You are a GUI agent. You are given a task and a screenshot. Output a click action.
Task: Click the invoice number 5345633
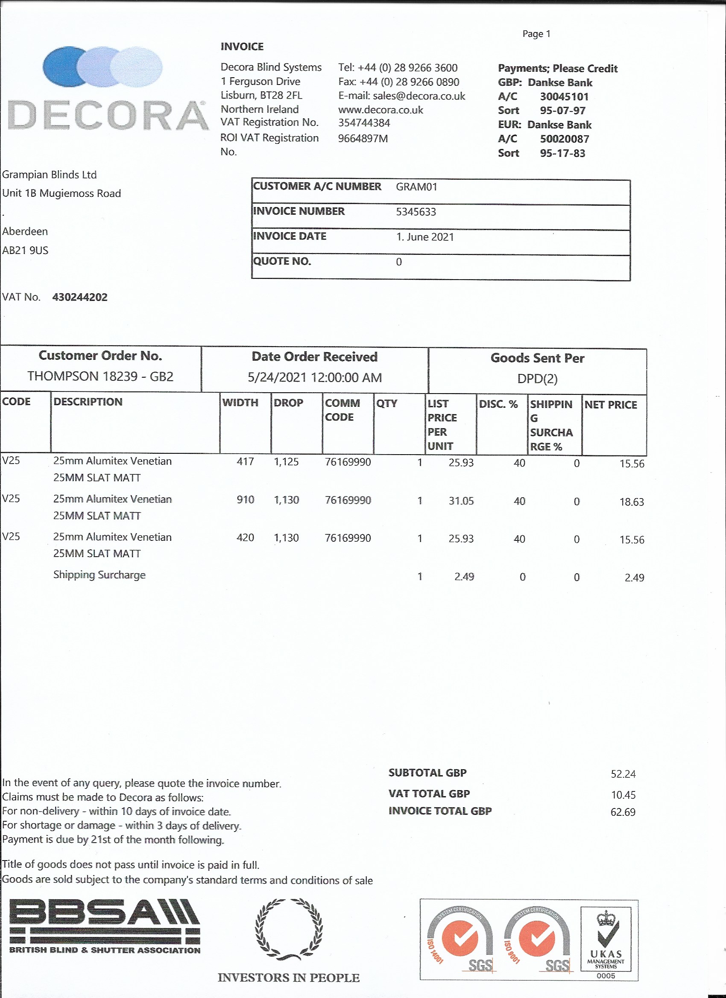coord(416,212)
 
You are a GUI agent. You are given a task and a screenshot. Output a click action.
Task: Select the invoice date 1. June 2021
coord(425,237)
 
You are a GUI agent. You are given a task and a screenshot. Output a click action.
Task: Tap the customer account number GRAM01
coord(416,187)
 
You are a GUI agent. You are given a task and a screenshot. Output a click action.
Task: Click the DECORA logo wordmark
coord(108,115)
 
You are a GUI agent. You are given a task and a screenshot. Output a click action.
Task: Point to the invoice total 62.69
coord(623,812)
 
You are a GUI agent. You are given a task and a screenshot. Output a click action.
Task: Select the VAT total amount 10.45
coord(623,795)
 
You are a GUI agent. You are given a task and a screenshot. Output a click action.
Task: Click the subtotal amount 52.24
coord(623,774)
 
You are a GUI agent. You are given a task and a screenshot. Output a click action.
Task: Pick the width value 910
coord(245,499)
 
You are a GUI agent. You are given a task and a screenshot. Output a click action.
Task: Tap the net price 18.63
coord(631,502)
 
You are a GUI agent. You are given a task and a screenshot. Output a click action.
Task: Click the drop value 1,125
coord(286,461)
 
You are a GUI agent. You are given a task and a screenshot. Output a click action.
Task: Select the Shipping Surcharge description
coord(99,575)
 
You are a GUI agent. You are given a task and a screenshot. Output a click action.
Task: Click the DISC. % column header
coord(498,404)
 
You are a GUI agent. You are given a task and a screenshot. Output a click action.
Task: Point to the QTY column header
coord(386,403)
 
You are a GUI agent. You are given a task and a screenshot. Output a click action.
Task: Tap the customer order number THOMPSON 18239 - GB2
coord(100,376)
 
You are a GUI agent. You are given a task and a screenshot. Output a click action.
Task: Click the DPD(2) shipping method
coord(537,379)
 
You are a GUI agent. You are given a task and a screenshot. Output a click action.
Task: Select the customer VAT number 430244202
coord(80,297)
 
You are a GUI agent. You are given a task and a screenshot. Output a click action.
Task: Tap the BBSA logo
coord(105,925)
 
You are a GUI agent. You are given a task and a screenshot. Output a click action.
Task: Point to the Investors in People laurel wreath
coord(288,928)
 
